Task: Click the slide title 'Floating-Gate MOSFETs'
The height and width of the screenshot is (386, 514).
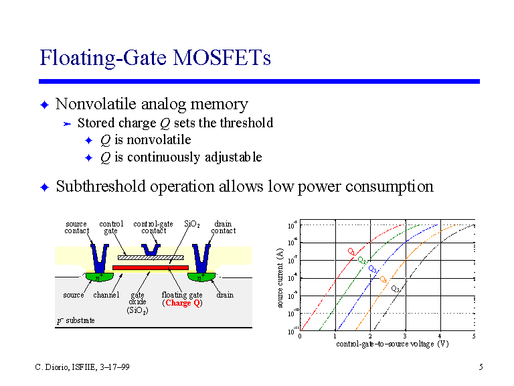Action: click(155, 58)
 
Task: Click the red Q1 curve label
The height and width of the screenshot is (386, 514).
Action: click(351, 251)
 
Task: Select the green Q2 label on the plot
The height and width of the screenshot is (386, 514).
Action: click(361, 260)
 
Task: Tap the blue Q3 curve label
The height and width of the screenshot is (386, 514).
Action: click(372, 269)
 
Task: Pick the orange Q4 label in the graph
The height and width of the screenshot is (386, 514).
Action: click(383, 279)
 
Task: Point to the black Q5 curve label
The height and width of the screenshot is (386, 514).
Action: click(395, 289)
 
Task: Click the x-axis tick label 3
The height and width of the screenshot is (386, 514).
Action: click(404, 336)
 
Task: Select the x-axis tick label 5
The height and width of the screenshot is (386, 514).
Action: click(474, 336)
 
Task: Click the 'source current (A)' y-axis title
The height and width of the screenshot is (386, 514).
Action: click(281, 277)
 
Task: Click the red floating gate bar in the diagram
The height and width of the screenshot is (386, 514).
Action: click(150, 267)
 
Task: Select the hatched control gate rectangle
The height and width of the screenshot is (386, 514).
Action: click(150, 257)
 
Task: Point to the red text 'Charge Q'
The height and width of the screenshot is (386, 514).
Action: click(182, 303)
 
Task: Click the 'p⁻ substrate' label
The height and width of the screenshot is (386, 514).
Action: click(76, 320)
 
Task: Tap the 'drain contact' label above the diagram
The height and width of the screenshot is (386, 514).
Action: click(223, 227)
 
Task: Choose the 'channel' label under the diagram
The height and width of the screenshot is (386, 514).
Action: click(106, 295)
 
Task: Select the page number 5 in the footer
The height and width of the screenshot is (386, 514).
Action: click(481, 367)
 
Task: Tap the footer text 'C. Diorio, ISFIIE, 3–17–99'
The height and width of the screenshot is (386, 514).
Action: click(82, 367)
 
